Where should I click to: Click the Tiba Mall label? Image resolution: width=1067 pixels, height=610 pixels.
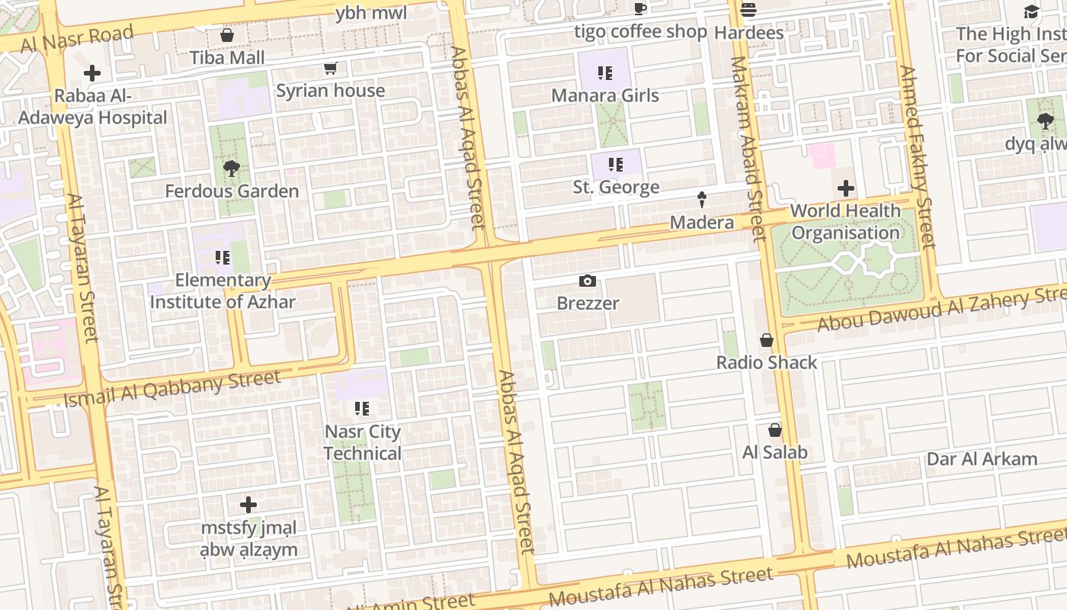pos(227,58)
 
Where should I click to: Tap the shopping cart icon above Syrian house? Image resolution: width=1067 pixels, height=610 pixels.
pos(331,69)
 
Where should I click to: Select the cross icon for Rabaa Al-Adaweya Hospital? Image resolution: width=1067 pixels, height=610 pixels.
pos(92,73)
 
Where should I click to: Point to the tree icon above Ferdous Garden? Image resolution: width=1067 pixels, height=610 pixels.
pos(231,169)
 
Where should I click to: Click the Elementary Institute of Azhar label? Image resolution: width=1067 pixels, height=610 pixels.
pos(223,291)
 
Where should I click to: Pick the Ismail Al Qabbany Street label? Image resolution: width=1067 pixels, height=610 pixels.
pos(172,388)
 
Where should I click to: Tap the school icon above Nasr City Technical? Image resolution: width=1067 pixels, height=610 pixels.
pos(362,409)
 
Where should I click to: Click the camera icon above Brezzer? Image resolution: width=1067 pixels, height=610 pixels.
pos(587,281)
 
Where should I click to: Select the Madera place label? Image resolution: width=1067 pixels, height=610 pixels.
pos(702,223)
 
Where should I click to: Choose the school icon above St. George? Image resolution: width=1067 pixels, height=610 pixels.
pos(616,165)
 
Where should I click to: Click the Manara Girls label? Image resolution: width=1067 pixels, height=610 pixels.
pos(605,95)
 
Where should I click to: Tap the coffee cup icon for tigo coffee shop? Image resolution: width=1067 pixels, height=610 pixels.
pos(640,9)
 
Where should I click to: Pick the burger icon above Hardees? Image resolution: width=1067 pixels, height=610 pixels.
pos(748,10)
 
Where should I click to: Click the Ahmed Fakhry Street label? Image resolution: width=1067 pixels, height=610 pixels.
pos(917,157)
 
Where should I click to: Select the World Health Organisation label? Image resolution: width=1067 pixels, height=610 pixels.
pos(845,222)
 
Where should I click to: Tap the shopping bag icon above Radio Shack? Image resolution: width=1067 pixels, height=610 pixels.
pos(767,340)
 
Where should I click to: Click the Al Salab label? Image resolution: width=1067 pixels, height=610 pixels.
pos(775,452)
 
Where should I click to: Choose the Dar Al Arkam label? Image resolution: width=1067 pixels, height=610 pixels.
pos(982,459)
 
